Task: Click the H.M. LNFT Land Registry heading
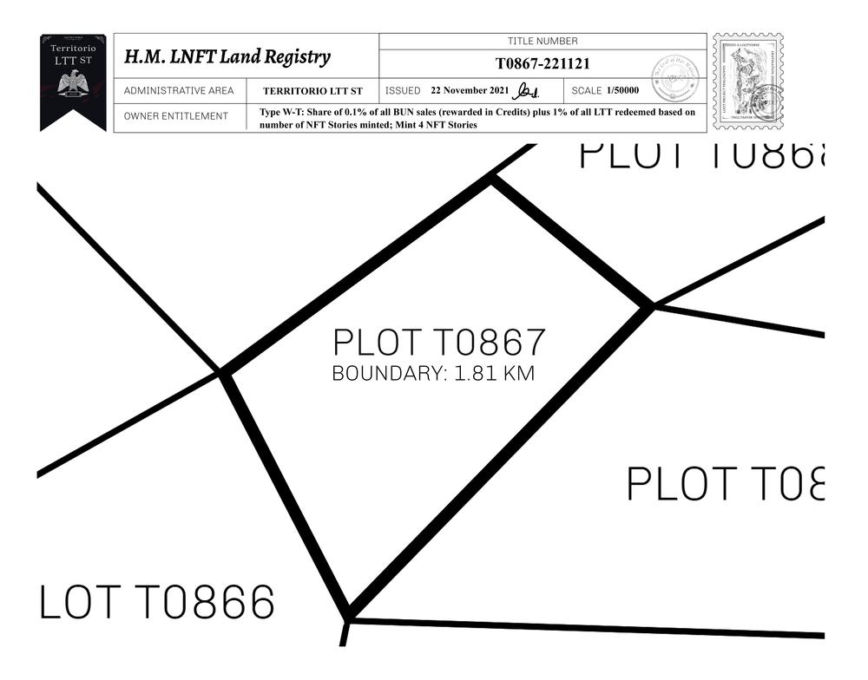point(227,57)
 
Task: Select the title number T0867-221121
point(542,63)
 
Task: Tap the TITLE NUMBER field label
point(542,41)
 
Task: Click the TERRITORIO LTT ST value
point(312,91)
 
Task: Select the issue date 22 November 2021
point(470,90)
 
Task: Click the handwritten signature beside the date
point(527,90)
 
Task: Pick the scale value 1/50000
point(623,90)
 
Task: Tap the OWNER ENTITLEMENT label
point(176,116)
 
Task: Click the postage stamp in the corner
point(747,82)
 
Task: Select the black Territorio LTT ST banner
point(73,80)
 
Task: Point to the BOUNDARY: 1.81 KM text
point(433,375)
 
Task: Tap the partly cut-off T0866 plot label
point(157,602)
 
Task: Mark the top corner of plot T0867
point(492,179)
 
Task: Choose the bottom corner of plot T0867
point(348,617)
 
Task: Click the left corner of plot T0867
point(223,373)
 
